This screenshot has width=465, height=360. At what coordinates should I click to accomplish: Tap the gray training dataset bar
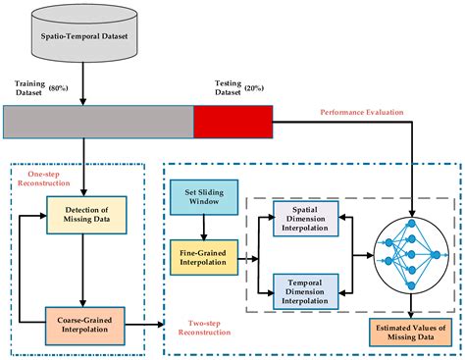click(x=98, y=121)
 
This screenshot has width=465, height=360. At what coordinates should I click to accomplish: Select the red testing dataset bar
click(x=232, y=121)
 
